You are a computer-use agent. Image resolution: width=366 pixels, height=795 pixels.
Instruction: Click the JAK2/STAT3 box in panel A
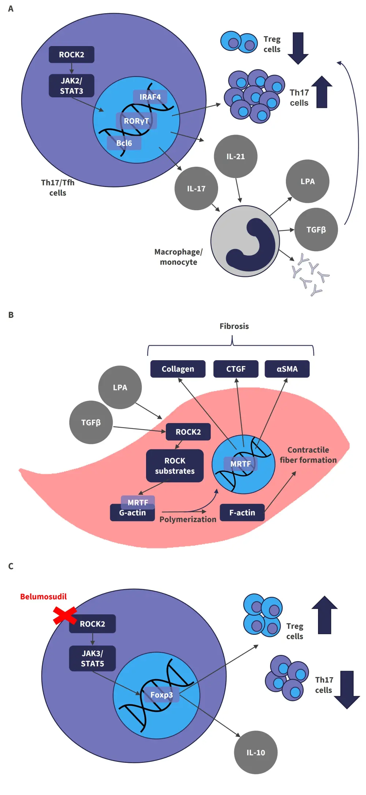click(71, 86)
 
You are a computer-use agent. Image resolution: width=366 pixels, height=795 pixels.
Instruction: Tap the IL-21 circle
click(235, 157)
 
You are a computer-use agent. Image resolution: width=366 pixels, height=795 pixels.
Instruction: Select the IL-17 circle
click(196, 189)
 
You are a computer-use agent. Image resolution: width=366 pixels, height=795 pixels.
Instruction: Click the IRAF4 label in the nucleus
click(150, 97)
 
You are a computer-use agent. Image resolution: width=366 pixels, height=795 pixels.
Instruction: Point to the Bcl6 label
click(124, 143)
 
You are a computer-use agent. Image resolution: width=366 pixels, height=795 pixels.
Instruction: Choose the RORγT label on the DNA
click(136, 121)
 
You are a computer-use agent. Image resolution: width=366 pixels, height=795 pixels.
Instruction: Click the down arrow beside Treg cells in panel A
click(298, 48)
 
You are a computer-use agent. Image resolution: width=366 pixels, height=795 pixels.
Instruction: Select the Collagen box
click(178, 369)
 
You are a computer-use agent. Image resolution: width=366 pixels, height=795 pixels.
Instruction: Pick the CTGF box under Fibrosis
click(236, 369)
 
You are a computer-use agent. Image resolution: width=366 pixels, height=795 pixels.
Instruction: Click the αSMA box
click(287, 369)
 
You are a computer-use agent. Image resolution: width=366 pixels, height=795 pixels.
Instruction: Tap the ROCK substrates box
click(175, 466)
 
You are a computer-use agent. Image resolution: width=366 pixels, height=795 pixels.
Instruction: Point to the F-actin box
click(242, 513)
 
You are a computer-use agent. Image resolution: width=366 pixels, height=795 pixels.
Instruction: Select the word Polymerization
click(188, 520)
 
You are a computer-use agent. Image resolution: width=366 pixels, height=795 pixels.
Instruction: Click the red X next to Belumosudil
click(65, 615)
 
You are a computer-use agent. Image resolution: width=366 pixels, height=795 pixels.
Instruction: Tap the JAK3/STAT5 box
click(92, 658)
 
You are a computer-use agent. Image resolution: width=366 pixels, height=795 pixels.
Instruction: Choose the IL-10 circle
click(255, 753)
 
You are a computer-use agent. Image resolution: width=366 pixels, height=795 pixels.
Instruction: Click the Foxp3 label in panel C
click(161, 695)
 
